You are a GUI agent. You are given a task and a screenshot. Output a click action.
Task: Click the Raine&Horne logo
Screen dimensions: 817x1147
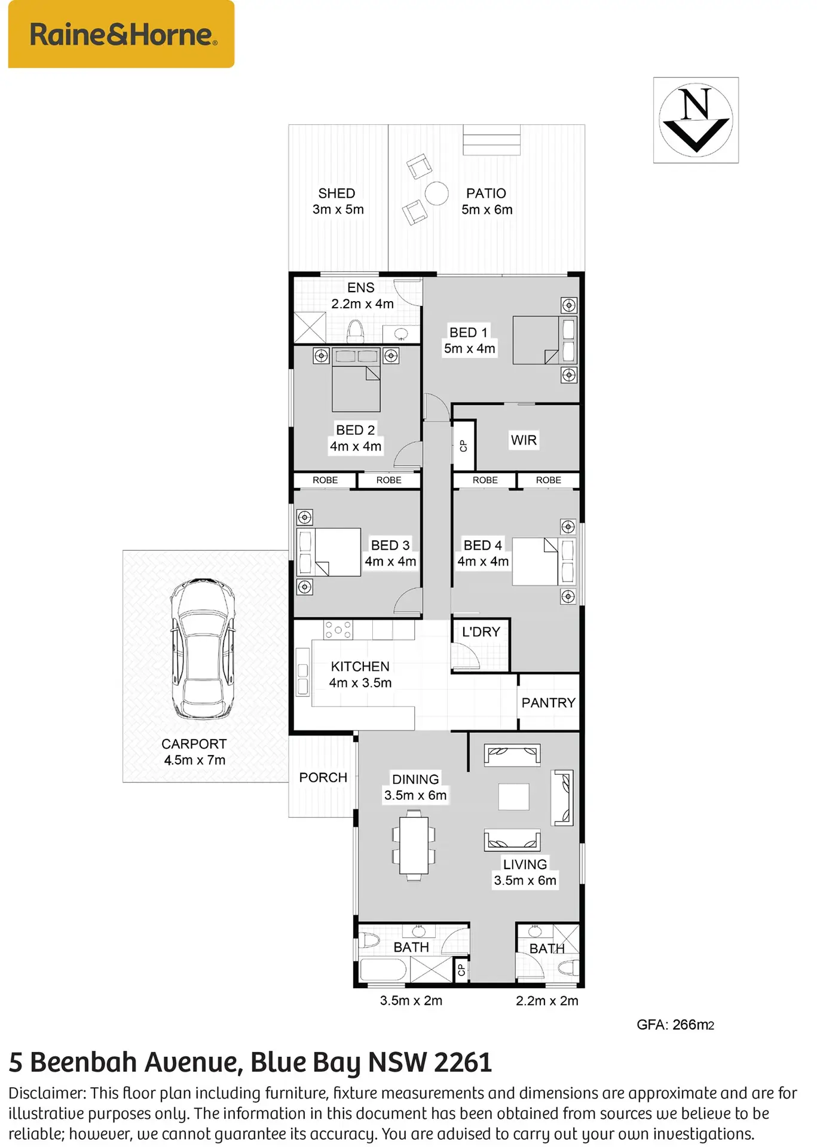[121, 34]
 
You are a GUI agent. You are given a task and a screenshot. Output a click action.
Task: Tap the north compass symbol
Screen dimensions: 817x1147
[696, 120]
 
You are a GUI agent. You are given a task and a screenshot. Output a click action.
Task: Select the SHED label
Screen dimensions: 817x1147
[336, 193]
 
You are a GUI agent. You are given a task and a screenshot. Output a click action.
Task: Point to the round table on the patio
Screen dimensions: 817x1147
[437, 194]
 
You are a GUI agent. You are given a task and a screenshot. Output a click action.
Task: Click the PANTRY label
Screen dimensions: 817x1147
[548, 703]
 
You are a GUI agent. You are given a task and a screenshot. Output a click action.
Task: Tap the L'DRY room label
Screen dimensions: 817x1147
[481, 631]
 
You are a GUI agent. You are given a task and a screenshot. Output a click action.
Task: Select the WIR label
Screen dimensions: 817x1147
[524, 440]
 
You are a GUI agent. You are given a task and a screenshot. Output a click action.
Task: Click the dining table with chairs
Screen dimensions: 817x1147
[414, 845]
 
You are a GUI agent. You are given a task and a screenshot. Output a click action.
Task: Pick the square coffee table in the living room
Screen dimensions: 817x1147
[514, 797]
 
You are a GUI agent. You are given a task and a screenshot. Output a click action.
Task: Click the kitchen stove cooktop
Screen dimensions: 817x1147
[338, 630]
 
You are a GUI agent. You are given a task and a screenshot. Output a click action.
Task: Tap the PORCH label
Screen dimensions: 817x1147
[323, 777]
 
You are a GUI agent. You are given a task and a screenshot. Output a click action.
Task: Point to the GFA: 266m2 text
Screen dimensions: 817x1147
[675, 1025]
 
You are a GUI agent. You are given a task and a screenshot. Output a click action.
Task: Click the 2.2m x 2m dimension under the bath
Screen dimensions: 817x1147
[547, 1001]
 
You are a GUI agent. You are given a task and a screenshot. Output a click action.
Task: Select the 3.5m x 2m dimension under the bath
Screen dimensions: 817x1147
[411, 1001]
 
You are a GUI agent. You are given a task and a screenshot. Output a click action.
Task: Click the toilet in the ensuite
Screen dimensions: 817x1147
[356, 330]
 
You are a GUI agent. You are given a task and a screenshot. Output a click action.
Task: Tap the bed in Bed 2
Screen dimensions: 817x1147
[356, 380]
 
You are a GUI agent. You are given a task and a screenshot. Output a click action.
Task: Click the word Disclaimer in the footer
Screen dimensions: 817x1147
[47, 1093]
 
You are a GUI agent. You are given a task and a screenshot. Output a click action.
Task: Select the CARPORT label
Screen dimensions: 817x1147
[194, 744]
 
